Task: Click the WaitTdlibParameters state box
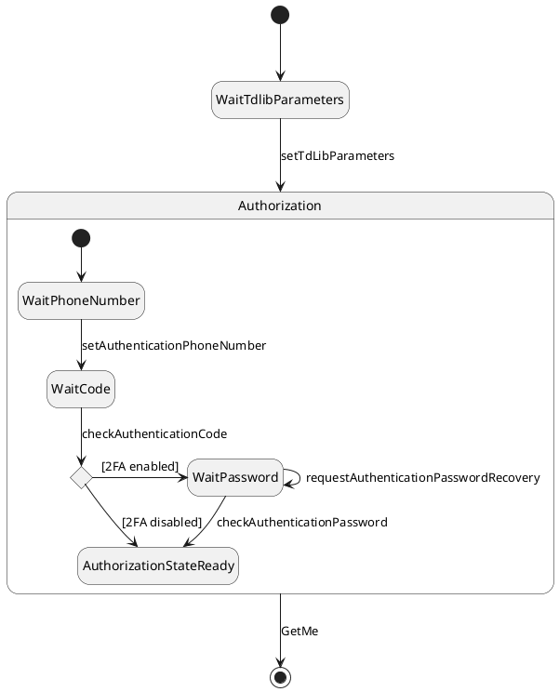[x=280, y=100]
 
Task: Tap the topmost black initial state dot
[x=280, y=15]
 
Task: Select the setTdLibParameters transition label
[x=338, y=156]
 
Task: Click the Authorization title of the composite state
[x=280, y=206]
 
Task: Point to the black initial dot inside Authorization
[x=81, y=238]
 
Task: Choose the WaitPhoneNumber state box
[x=81, y=300]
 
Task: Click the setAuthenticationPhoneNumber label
[x=174, y=346]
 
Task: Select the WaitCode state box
[x=81, y=389]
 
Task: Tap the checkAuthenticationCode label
[x=154, y=434]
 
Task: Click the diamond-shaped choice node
[x=81, y=477]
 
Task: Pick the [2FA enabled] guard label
[x=140, y=466]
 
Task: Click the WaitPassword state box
[x=235, y=477]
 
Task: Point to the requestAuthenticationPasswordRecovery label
[x=422, y=478]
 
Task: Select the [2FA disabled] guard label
[x=162, y=522]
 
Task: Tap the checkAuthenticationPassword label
[x=301, y=523]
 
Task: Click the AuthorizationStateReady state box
[x=158, y=566]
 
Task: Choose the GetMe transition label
[x=299, y=632]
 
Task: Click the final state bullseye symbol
[x=280, y=676]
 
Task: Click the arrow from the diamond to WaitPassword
[x=140, y=477]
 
